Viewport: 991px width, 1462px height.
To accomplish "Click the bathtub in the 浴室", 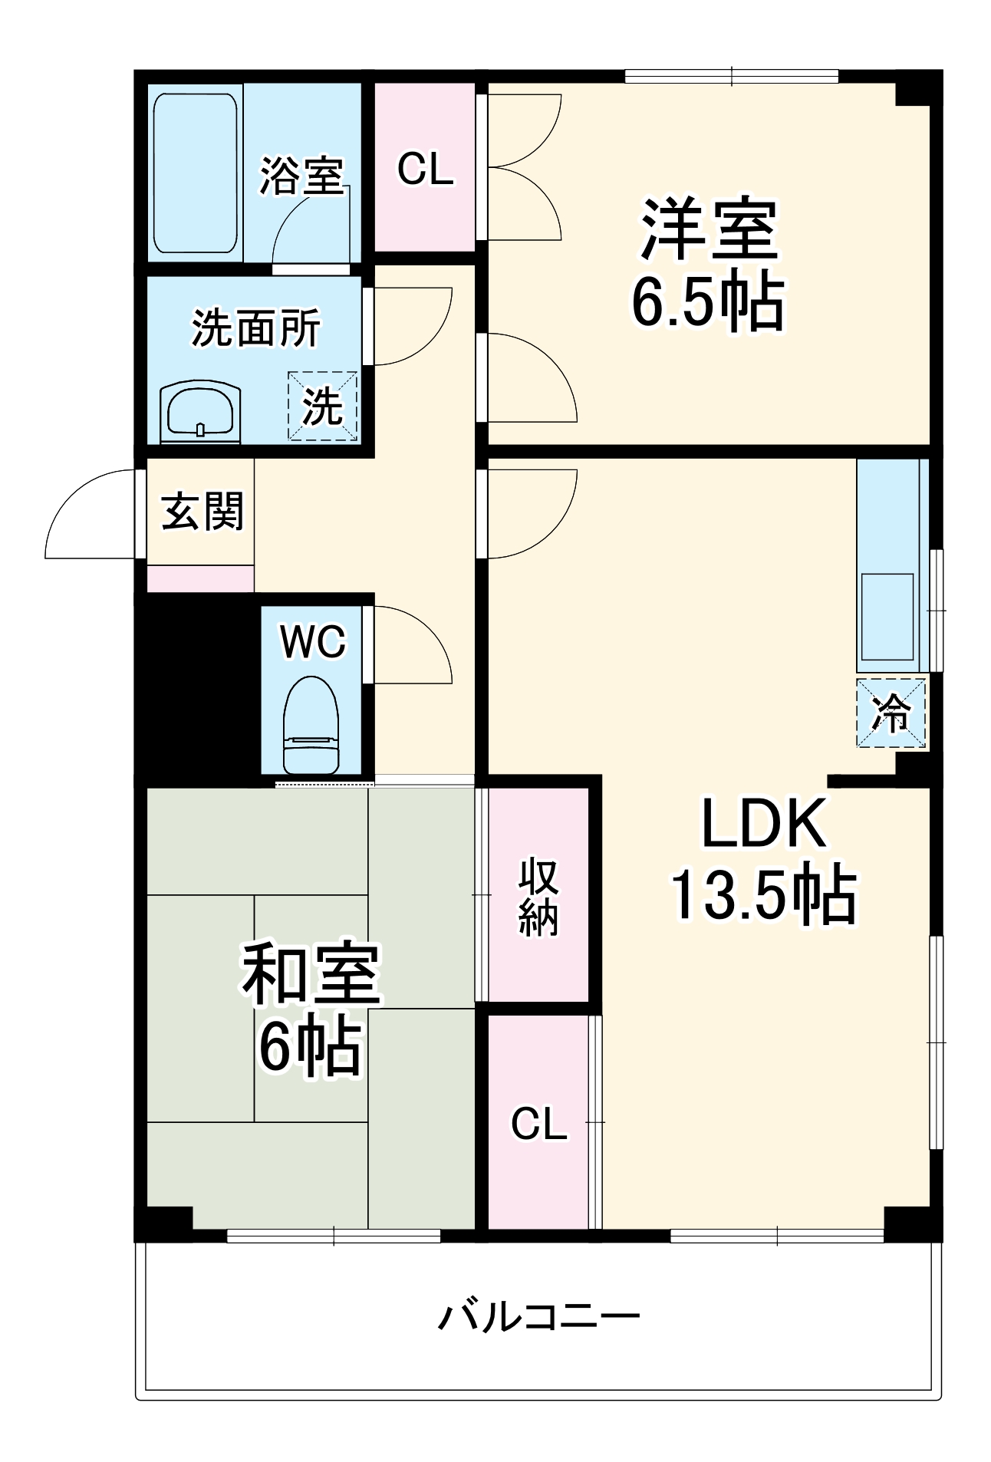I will click(x=195, y=173).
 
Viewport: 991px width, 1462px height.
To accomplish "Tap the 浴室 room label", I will click(x=301, y=175).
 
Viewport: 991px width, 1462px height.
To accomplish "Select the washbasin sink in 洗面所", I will click(x=200, y=411).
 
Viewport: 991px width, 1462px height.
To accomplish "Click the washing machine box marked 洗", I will click(x=322, y=406).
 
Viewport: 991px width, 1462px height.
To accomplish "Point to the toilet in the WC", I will click(x=311, y=725).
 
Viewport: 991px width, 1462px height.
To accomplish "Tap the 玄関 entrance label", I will click(x=202, y=511).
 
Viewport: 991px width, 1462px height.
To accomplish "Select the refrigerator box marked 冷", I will click(x=891, y=713).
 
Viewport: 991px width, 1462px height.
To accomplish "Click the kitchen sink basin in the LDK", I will click(x=888, y=617).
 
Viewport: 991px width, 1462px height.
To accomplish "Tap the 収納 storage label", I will click(x=538, y=897).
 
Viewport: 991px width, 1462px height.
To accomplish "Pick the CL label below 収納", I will click(x=538, y=1124).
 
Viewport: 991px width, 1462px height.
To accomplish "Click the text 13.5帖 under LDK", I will click(x=763, y=895).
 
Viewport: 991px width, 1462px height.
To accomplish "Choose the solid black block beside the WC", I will click(x=196, y=687).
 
